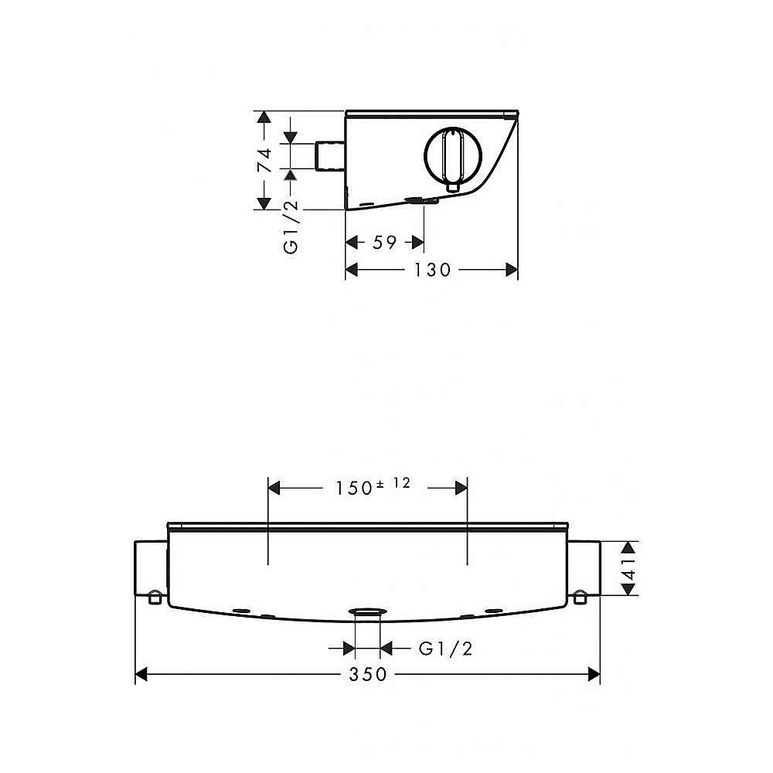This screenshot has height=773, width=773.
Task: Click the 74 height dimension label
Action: coord(264,160)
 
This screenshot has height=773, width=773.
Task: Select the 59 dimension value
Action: coord(384,243)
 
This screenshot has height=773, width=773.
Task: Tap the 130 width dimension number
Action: coord(432,270)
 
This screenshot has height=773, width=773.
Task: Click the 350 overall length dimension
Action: coord(368,674)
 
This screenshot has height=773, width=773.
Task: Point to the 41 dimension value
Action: coord(628,568)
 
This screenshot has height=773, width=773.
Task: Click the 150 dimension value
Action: coord(353,489)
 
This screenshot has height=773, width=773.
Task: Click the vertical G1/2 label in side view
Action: coord(291,226)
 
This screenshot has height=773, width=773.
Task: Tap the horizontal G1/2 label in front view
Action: coord(446,649)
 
